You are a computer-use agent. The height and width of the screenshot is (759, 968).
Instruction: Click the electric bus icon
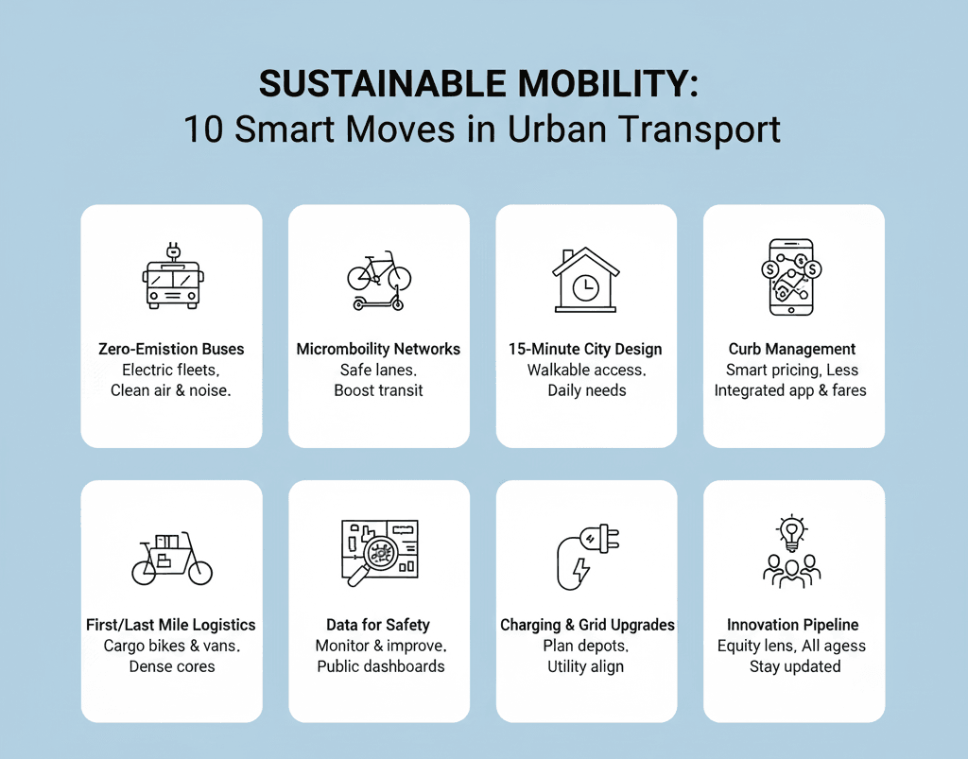click(172, 276)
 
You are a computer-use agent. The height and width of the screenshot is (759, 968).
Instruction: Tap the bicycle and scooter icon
click(378, 280)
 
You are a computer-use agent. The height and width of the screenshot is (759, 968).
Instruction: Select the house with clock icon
click(586, 280)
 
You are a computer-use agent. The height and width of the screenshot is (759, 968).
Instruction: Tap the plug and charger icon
click(586, 556)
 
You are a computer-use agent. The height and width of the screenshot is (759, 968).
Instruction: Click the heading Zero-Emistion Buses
click(171, 349)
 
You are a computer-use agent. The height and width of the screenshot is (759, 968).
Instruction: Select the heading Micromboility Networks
click(378, 349)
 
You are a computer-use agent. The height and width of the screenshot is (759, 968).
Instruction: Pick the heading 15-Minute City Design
click(585, 349)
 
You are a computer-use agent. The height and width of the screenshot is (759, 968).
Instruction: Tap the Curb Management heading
click(792, 349)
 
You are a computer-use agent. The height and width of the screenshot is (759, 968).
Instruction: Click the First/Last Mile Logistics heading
click(171, 625)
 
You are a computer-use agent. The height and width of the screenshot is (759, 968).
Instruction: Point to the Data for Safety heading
click(378, 625)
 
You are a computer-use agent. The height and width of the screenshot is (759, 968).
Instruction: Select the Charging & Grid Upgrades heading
click(587, 625)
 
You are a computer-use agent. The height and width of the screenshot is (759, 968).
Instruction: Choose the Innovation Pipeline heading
click(792, 625)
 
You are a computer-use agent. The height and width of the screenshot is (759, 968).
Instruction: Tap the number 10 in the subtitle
click(204, 129)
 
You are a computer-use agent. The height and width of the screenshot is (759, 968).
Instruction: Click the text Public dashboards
click(380, 666)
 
